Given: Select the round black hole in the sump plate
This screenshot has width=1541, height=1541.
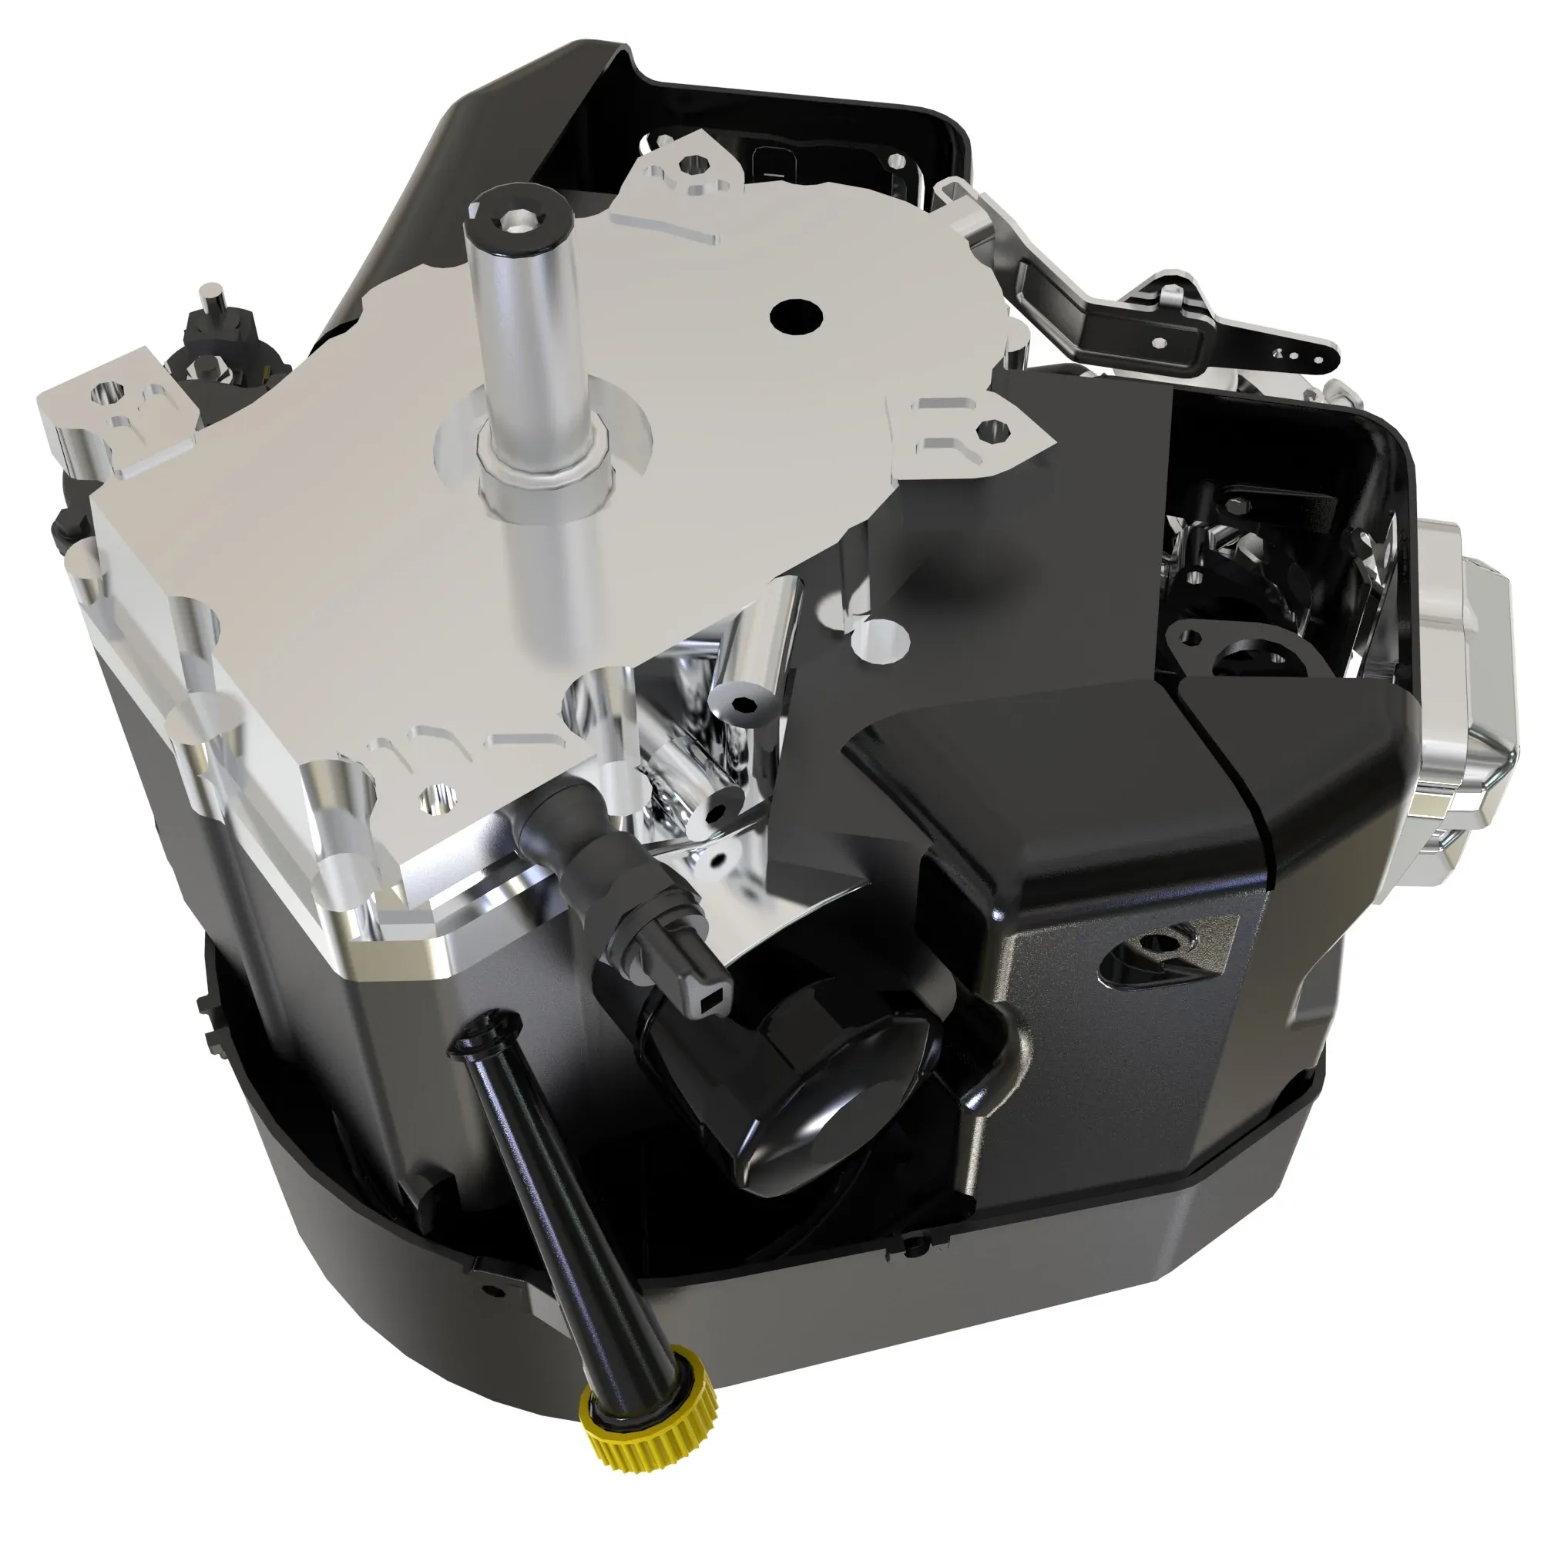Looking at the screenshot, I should click(796, 317).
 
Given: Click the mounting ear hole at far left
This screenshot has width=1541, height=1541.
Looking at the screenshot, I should click(107, 392).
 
